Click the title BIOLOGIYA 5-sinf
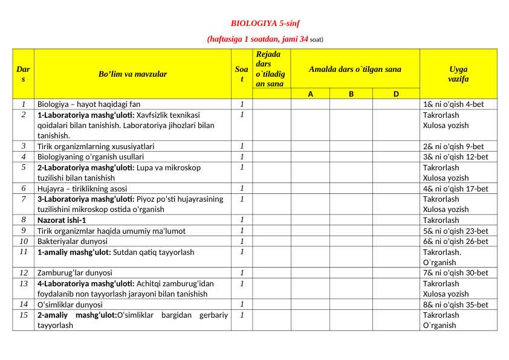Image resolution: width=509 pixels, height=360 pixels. pos(265,24)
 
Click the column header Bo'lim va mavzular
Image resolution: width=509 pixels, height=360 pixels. pos(132,74)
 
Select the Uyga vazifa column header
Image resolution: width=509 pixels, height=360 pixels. pos(458,74)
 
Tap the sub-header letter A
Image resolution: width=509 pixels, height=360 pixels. pos(310,94)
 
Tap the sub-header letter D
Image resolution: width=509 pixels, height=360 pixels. pos(396,94)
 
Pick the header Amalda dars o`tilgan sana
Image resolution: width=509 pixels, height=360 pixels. pos(355,69)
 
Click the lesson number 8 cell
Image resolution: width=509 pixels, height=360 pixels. pos(23,220)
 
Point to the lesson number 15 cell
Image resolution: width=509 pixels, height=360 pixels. pos(23,315)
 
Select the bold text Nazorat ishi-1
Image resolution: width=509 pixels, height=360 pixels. pos(62,220)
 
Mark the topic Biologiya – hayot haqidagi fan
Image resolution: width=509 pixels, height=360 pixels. pos(89,104)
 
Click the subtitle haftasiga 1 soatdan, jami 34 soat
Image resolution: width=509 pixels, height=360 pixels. pos(265,39)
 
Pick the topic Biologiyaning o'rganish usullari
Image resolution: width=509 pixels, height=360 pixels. pos(91,157)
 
